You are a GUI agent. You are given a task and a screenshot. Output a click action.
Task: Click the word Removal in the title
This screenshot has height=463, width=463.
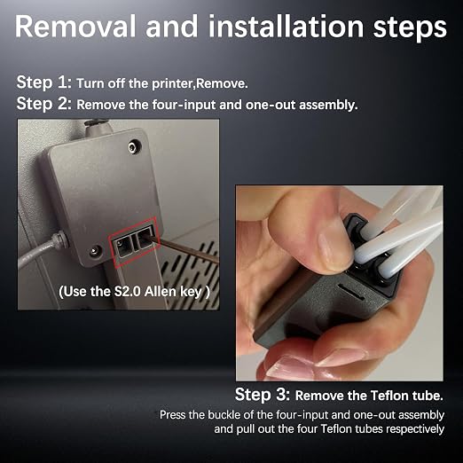point(75,26)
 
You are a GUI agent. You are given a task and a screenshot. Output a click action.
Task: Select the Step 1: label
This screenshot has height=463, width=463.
point(44,82)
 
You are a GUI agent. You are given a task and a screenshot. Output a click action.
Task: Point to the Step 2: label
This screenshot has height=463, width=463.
point(44,104)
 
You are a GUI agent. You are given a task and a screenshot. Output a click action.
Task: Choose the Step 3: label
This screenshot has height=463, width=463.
point(263,395)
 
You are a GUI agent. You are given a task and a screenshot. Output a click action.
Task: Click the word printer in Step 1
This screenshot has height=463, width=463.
point(172,83)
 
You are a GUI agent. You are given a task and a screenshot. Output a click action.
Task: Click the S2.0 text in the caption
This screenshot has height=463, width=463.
point(128,292)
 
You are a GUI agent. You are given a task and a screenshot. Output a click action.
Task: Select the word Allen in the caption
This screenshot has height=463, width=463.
point(161,292)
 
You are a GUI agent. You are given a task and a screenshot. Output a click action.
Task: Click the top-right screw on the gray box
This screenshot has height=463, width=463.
point(135,146)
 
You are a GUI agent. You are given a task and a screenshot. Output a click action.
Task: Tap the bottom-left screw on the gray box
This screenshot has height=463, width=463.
point(95,251)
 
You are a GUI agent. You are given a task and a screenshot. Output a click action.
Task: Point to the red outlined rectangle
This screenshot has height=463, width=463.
point(134,242)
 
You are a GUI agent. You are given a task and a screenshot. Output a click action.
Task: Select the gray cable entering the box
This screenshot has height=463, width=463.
point(42,250)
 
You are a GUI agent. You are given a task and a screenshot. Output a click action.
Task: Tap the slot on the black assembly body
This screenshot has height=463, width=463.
point(351,292)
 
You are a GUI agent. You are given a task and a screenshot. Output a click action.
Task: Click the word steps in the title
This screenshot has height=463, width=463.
point(410,27)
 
